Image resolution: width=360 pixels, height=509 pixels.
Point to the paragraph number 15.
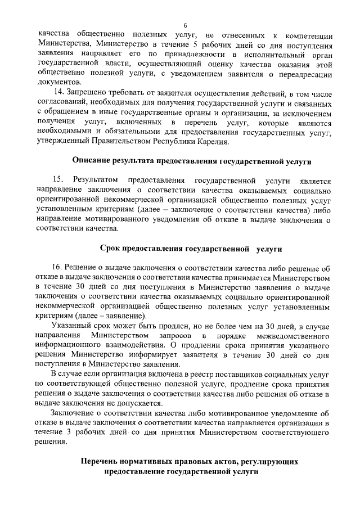57,180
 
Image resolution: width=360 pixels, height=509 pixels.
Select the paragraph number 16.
57,268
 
